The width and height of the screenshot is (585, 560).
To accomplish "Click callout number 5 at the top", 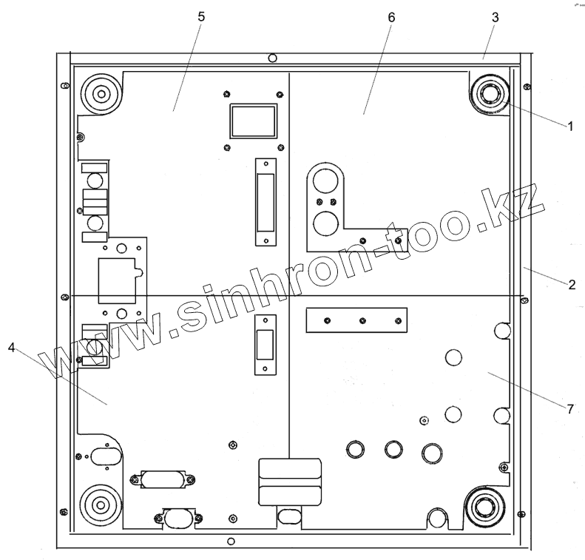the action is pos(201,17).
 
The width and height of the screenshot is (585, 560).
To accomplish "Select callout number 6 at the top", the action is pos(391,17).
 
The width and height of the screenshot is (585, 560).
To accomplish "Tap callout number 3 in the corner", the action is pos(495,17).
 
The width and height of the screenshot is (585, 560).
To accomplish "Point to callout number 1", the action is pos(570,126).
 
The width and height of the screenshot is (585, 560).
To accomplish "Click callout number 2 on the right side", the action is pos(572,285).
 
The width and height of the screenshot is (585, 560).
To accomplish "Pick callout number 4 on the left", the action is pos(11,348).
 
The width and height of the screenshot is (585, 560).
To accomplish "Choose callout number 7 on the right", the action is pos(570,409).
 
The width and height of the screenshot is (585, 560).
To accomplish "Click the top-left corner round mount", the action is pos(101,94).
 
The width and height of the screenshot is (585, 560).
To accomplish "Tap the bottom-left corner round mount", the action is pos(101,505).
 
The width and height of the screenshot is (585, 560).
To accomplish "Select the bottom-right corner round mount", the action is pos(485,506).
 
